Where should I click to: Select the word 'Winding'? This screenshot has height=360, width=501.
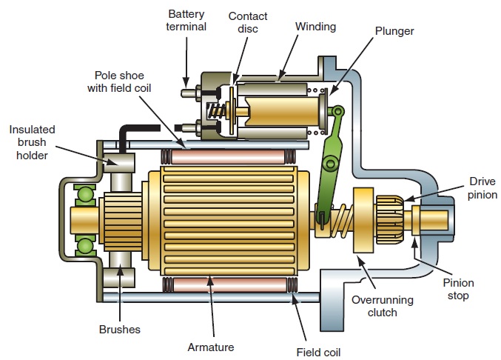[x=315, y=27]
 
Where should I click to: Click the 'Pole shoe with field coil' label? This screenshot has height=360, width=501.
[x=129, y=82]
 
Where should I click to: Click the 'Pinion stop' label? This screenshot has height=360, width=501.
[x=459, y=290]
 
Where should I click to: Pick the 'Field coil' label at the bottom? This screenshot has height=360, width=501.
[x=318, y=352]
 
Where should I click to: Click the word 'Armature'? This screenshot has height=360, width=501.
[x=211, y=346]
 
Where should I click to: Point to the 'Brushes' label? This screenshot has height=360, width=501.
[x=119, y=329]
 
